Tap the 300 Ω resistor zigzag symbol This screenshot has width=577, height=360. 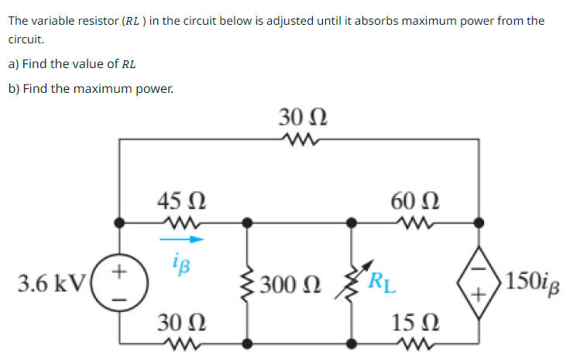click(x=247, y=284)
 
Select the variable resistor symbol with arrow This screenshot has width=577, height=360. click(x=353, y=284)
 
